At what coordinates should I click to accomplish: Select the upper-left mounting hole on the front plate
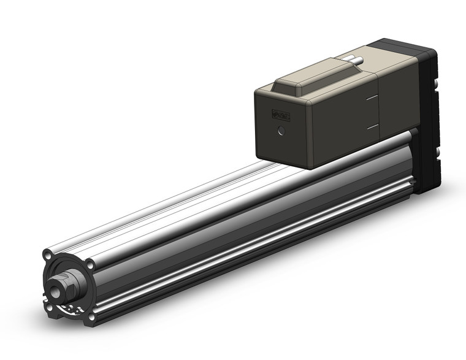point(47,254)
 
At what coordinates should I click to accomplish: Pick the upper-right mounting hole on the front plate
point(90,266)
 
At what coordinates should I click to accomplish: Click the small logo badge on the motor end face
point(281,115)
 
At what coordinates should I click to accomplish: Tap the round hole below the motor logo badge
point(281,131)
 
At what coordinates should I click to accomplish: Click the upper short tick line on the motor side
point(372,98)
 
